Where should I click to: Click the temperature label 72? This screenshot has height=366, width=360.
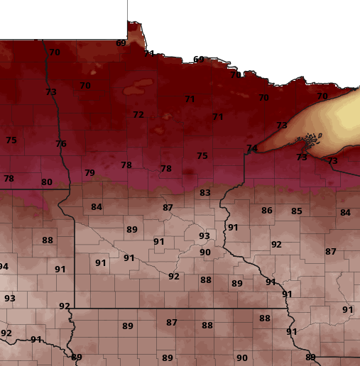click(138, 115)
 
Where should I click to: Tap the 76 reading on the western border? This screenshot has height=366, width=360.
click(61, 144)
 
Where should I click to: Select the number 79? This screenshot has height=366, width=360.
click(89, 173)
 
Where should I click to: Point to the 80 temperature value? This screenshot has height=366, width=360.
click(47, 182)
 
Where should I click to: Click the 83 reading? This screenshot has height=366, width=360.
click(205, 193)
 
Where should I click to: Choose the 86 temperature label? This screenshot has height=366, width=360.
click(267, 211)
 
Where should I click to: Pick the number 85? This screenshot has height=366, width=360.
click(297, 211)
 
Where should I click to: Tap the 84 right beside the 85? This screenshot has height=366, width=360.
click(345, 213)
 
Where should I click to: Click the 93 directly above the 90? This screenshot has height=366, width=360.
click(204, 236)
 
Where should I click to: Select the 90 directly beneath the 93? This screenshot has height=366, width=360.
click(205, 253)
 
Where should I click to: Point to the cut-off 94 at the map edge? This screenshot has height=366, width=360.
click(4, 267)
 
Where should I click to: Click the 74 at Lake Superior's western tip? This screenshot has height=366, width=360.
click(251, 148)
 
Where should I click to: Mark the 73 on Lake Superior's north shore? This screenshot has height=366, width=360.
click(282, 126)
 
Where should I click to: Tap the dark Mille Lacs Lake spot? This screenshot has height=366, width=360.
click(187, 172)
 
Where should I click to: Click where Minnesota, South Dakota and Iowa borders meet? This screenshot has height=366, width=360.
click(74, 309)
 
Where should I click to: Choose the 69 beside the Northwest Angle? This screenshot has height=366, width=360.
click(121, 43)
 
